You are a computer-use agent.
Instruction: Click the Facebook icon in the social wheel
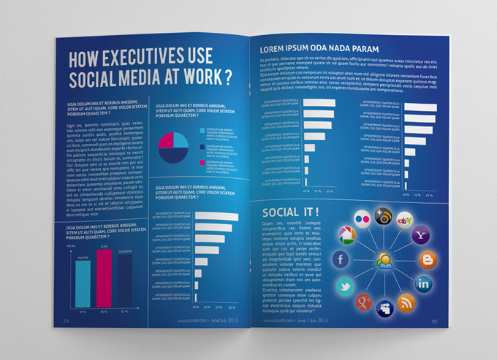click(x=340, y=259)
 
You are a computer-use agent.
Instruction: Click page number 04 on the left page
click(x=67, y=321)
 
